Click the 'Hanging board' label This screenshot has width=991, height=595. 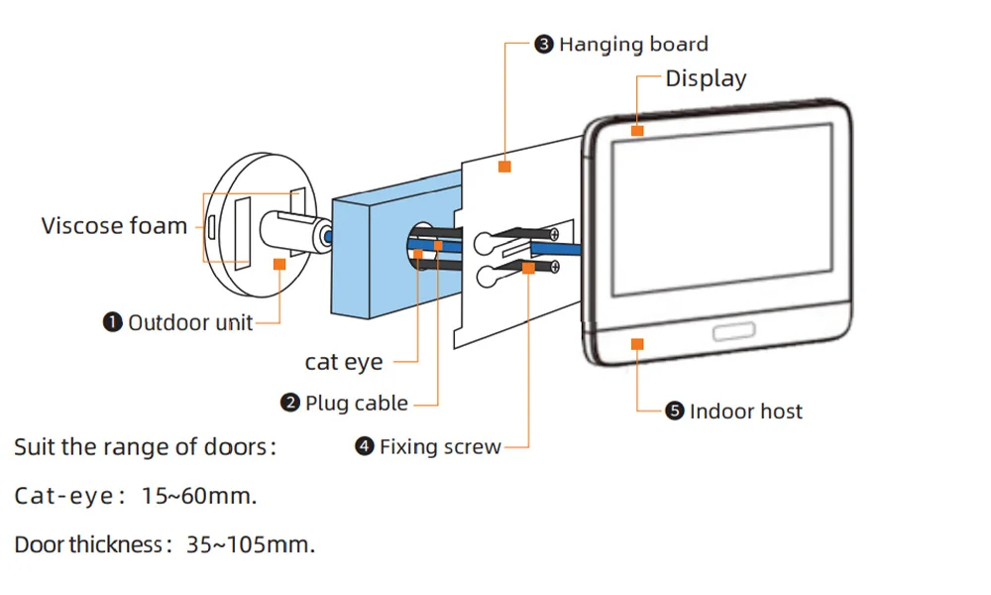click(x=633, y=45)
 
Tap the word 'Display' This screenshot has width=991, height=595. click(x=706, y=79)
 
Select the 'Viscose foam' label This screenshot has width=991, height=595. click(x=114, y=226)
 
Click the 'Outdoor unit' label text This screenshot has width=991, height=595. click(x=190, y=322)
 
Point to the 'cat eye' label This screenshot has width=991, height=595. click(x=344, y=363)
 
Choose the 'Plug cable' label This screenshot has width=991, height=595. click(x=356, y=404)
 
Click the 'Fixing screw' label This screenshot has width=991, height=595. click(x=440, y=447)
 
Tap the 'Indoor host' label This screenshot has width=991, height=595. click(x=746, y=412)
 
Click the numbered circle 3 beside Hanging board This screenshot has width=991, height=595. click(x=544, y=45)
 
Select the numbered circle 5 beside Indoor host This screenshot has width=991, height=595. click(x=675, y=412)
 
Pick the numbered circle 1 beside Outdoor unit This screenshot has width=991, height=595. click(x=113, y=322)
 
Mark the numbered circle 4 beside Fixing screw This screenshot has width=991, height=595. click(x=364, y=447)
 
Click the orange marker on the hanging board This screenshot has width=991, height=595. click(x=504, y=167)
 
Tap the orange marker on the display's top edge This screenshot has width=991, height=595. click(x=637, y=129)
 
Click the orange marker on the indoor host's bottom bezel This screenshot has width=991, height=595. click(x=637, y=343)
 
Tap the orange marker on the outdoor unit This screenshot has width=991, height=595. click(x=279, y=264)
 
